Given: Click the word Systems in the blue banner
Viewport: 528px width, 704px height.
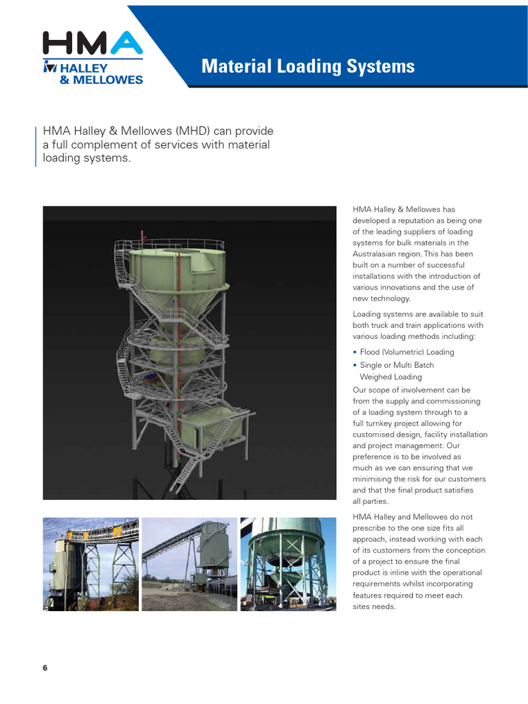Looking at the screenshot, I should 382,67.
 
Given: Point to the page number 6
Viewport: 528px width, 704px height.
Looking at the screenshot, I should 45,668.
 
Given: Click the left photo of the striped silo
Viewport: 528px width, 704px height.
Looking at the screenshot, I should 91,564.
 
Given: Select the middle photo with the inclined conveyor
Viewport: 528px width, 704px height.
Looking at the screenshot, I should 189,564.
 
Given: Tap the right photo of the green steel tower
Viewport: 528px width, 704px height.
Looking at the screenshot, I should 288,564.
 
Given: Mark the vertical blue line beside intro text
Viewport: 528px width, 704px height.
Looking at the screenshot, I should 36,146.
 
